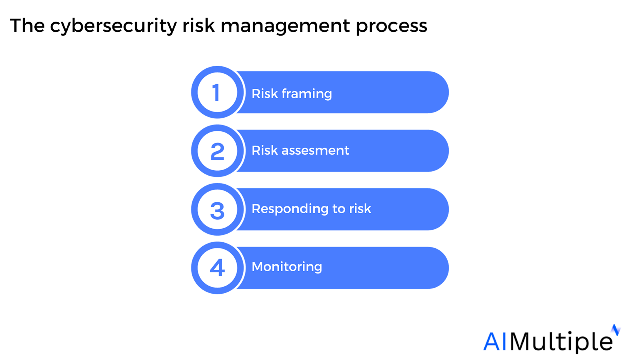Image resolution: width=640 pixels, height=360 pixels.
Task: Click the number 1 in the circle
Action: (x=216, y=93)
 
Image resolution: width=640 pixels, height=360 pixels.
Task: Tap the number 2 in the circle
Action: (x=217, y=152)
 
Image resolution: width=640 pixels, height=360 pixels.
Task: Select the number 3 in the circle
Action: (x=217, y=210)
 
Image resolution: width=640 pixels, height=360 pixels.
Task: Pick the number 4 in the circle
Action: (x=217, y=268)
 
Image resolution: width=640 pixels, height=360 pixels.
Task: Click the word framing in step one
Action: (x=307, y=94)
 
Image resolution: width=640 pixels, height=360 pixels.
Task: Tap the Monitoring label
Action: (x=287, y=267)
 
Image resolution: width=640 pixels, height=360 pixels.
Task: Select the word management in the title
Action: (x=285, y=26)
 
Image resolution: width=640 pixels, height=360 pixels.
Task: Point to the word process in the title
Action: (x=392, y=26)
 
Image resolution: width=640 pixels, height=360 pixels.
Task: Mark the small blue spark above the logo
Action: (x=616, y=330)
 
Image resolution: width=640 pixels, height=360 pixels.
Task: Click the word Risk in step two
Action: (x=264, y=150)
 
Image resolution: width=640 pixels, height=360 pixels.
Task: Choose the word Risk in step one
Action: (x=264, y=94)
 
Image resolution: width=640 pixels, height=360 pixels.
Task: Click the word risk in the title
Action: (x=198, y=26)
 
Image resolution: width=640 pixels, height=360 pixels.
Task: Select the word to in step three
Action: (x=338, y=209)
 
